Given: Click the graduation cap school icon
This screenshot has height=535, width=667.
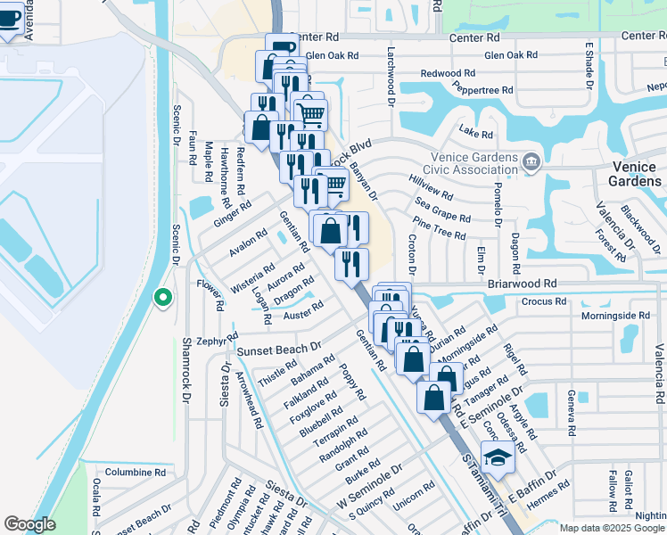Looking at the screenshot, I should pyautogui.click(x=497, y=459).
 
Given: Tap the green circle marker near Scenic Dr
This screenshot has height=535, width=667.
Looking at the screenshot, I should pyautogui.click(x=162, y=297).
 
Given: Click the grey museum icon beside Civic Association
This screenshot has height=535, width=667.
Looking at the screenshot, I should pyautogui.click(x=532, y=161).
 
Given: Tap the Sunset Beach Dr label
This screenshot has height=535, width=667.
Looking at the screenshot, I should pyautogui.click(x=279, y=347).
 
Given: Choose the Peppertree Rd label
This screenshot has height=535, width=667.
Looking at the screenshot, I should pyautogui.click(x=483, y=90).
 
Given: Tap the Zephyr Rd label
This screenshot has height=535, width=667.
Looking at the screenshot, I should pyautogui.click(x=213, y=341).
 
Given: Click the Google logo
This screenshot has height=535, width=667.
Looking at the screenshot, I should pyautogui.click(x=29, y=524).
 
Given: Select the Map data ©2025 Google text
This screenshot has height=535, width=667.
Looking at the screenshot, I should pyautogui.click(x=613, y=528).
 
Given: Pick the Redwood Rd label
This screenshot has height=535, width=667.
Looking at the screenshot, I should pyautogui.click(x=449, y=72).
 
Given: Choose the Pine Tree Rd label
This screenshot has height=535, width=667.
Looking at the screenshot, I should pyautogui.click(x=440, y=235).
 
